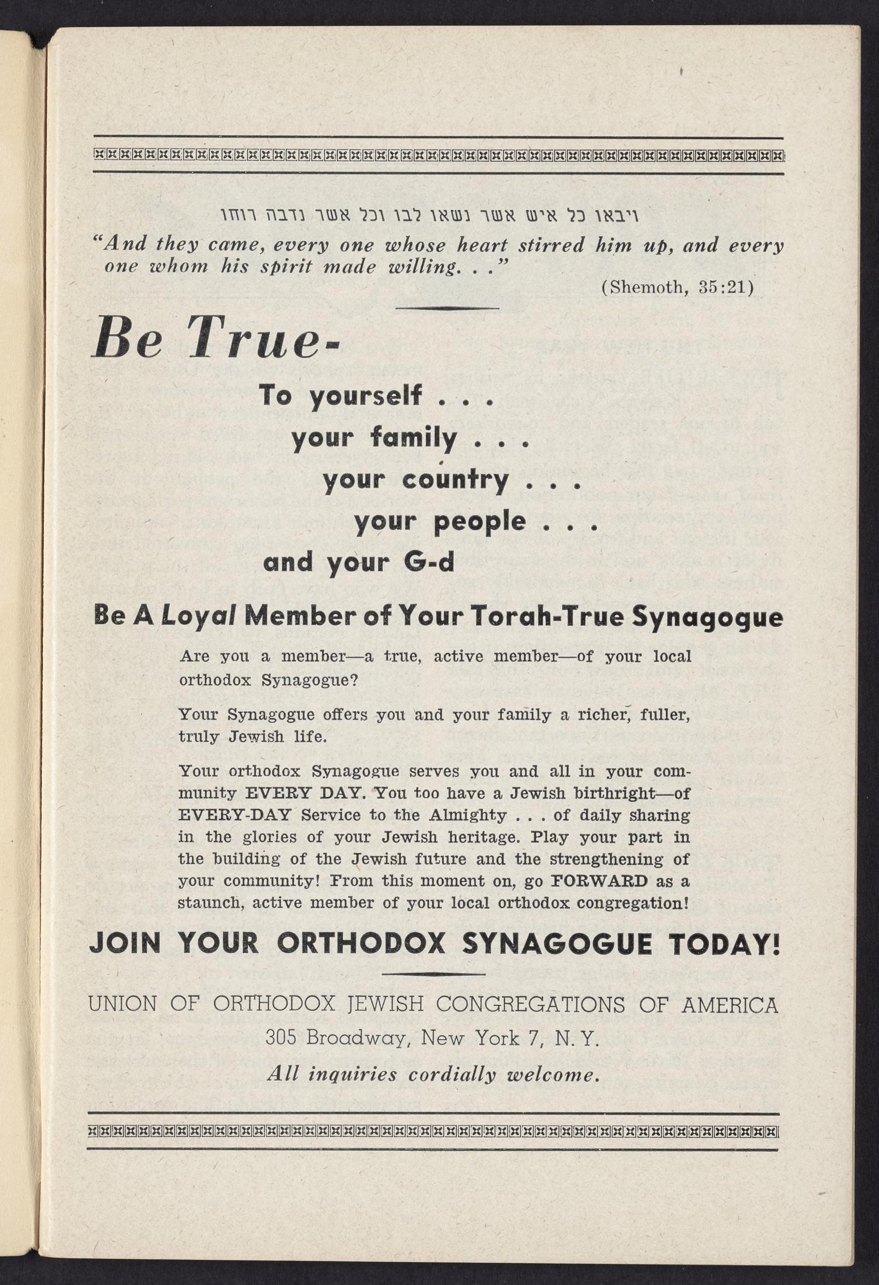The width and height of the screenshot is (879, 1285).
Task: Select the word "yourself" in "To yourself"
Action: pyautogui.click(x=366, y=396)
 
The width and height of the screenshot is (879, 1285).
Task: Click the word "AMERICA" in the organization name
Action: pyautogui.click(x=729, y=1004)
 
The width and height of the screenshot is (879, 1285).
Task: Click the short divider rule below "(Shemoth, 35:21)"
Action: pyautogui.click(x=448, y=308)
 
